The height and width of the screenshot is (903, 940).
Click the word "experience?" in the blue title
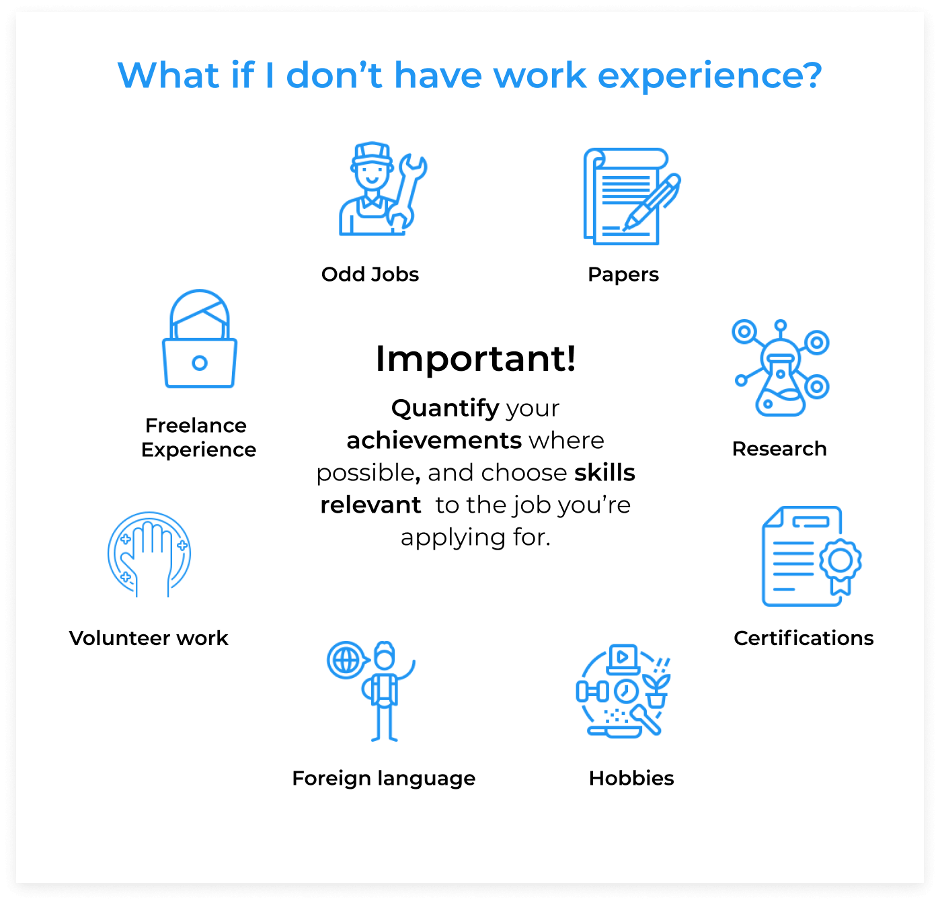[709, 76]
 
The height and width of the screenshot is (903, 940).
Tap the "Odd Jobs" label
[370, 274]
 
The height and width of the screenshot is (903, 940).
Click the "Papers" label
[623, 275]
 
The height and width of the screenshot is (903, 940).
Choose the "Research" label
[779, 448]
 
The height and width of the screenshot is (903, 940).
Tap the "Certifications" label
[804, 638]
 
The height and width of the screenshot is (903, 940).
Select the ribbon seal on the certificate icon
[840, 565]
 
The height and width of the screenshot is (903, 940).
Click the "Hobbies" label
[631, 779]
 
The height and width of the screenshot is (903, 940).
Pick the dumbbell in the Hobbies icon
[592, 691]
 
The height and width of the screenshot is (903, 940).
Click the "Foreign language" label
[383, 779]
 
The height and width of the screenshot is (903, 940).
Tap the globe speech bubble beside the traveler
[348, 660]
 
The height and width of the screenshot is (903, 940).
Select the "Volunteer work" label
[149, 638]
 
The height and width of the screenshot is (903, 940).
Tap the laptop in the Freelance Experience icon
[200, 363]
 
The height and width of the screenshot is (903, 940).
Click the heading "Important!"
[476, 359]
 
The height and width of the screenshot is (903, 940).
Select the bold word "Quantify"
[445, 408]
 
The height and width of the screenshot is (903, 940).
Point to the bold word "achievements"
[434, 440]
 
